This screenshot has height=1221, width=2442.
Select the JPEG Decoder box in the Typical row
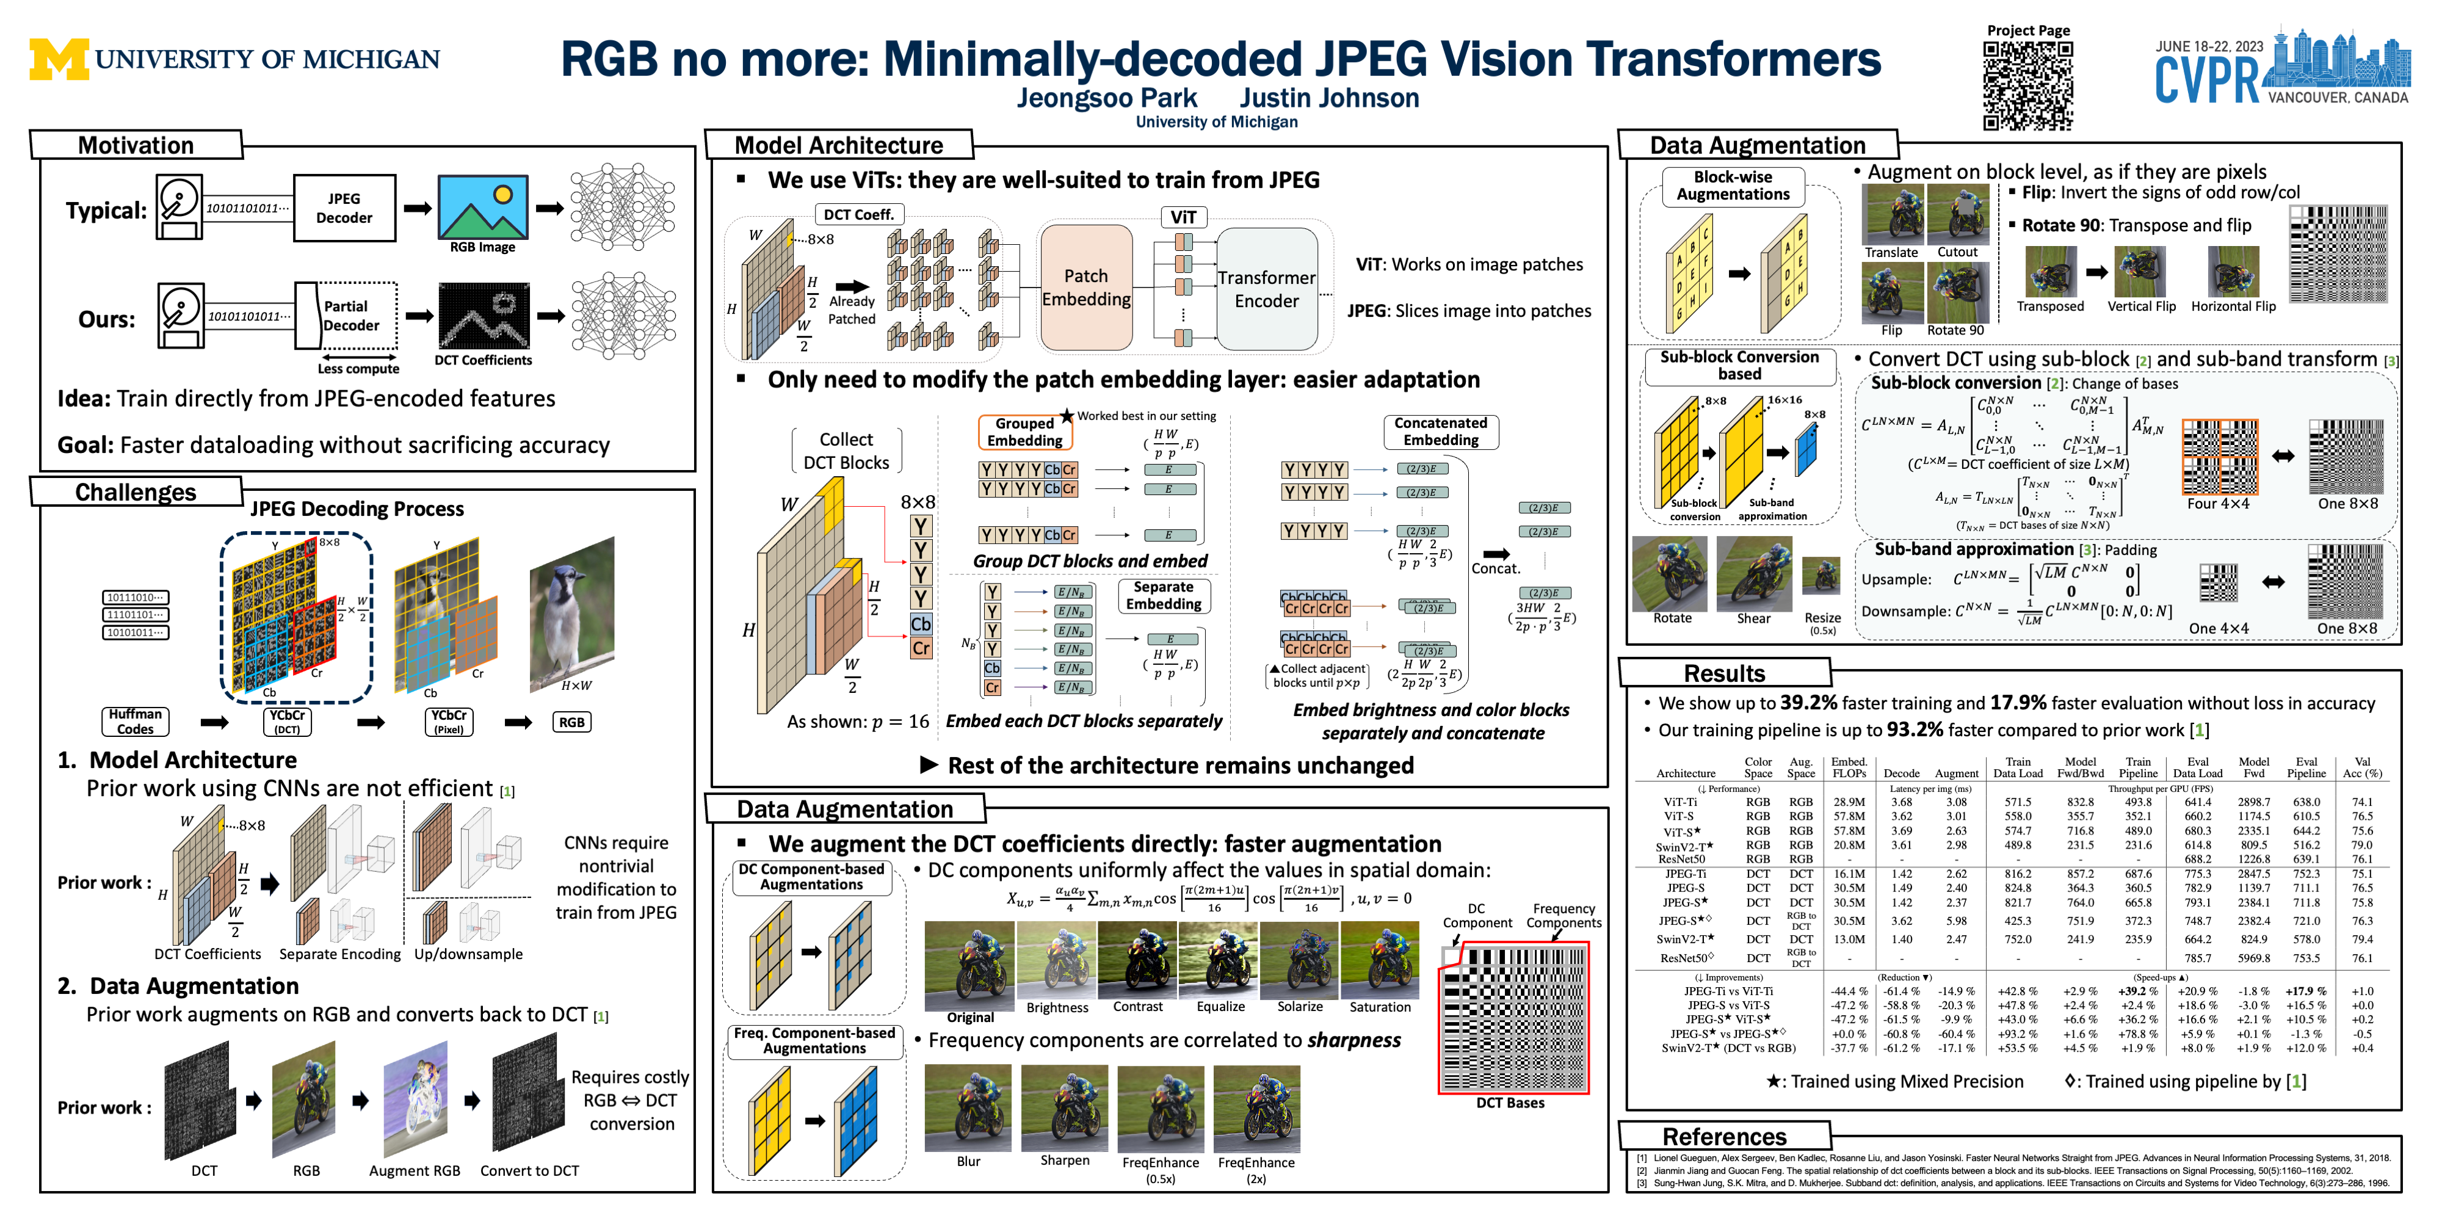344,208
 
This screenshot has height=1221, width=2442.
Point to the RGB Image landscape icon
482,207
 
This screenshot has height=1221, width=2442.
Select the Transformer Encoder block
1267,289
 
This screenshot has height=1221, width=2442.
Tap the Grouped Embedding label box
1025,432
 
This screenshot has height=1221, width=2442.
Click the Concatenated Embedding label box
1440,432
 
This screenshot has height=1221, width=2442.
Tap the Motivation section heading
136,145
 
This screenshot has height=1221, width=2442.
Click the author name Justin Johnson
1329,98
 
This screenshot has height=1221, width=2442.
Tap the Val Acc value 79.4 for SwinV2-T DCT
2361,940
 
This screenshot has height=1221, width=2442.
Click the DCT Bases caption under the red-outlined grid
1510,1103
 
